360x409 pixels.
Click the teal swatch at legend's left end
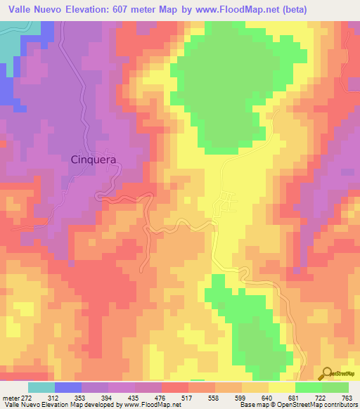click(41, 387)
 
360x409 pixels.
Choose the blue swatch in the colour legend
click(68, 387)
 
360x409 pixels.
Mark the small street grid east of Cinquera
click(226, 202)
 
